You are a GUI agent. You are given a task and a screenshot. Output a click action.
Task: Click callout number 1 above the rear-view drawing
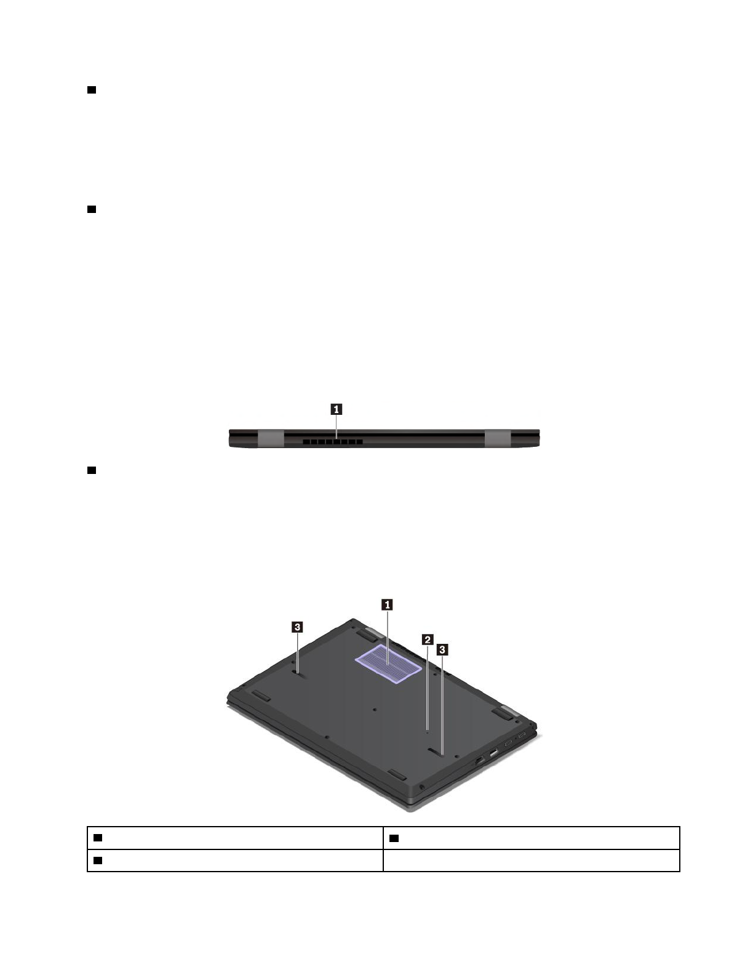(337, 408)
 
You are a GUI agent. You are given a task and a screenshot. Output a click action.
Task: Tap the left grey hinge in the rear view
(271, 438)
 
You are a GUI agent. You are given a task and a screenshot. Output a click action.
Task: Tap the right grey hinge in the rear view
(498, 438)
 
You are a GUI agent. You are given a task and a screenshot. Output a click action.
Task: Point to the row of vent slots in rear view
(332, 441)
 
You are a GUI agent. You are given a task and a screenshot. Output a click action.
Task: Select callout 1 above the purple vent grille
(388, 605)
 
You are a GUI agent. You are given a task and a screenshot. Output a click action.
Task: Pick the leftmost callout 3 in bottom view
(297, 627)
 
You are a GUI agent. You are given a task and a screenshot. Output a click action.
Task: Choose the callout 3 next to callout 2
(442, 649)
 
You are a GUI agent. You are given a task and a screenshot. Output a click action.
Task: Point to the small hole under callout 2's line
(428, 732)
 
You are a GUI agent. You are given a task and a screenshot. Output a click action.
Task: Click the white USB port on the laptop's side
(493, 752)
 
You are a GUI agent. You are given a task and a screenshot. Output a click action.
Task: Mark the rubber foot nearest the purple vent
(367, 633)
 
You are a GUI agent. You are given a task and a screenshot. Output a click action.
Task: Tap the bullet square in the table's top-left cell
(97, 838)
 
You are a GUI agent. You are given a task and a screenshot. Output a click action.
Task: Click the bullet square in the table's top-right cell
(394, 838)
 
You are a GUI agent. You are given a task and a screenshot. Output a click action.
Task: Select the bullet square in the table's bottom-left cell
(97, 860)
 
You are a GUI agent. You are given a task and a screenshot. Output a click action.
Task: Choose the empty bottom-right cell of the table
(531, 861)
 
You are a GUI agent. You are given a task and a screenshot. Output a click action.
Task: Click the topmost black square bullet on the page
(91, 90)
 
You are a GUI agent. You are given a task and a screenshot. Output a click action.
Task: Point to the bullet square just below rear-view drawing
(91, 470)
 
